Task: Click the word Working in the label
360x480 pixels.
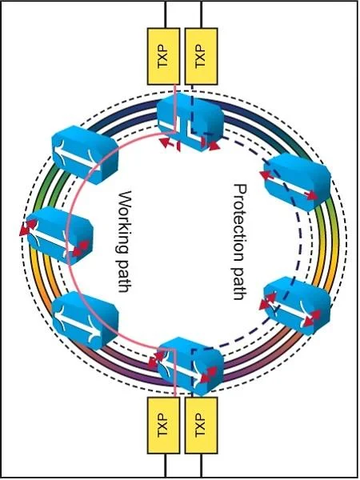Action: tap(125, 222)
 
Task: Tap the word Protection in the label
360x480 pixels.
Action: tap(240, 221)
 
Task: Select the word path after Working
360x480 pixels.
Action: tap(125, 276)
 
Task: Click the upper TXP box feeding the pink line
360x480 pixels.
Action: tap(163, 56)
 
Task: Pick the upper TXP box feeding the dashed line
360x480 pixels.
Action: tap(202, 56)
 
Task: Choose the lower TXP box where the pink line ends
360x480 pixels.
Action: tap(163, 426)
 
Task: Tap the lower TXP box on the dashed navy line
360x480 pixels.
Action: tap(202, 426)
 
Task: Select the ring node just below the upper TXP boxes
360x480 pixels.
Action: tap(190, 122)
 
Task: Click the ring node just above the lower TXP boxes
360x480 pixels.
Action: tap(190, 366)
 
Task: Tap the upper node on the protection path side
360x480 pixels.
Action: tap(297, 182)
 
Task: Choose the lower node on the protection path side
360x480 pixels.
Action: tap(297, 306)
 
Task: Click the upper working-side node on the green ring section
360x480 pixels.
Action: tap(85, 154)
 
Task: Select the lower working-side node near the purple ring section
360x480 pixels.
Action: tap(85, 320)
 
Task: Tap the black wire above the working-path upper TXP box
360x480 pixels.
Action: tap(166, 14)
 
